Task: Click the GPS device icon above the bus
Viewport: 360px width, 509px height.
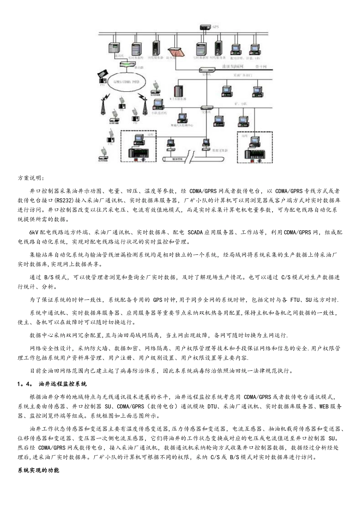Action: tap(206, 27)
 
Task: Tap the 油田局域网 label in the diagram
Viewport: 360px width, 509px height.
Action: tap(233, 67)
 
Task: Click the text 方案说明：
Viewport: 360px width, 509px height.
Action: tap(31, 178)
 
